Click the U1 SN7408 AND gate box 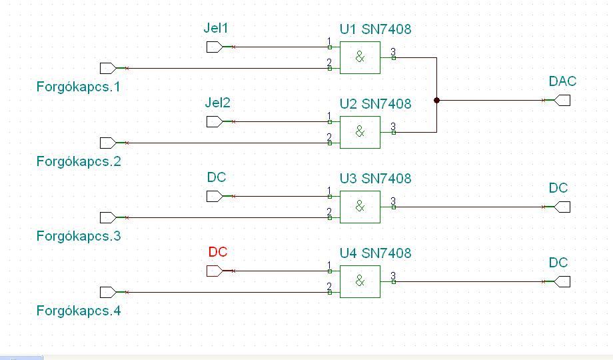tap(360, 57)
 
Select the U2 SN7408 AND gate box tap(360, 132)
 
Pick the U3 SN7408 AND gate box tap(360, 207)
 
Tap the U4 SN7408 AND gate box tap(360, 281)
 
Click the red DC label tap(218, 253)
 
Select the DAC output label tap(562, 82)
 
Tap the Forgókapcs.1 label tap(79, 87)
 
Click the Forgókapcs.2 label tap(79, 162)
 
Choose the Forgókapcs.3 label tap(79, 237)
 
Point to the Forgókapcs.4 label tap(79, 311)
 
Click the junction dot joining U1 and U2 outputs tap(436, 101)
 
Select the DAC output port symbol tap(563, 101)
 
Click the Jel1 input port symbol tap(214, 47)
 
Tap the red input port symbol tap(214, 271)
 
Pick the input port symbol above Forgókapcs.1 tap(107, 68)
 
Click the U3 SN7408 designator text tap(375, 179)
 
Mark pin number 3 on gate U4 tap(393, 276)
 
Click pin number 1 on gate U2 tap(329, 117)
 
